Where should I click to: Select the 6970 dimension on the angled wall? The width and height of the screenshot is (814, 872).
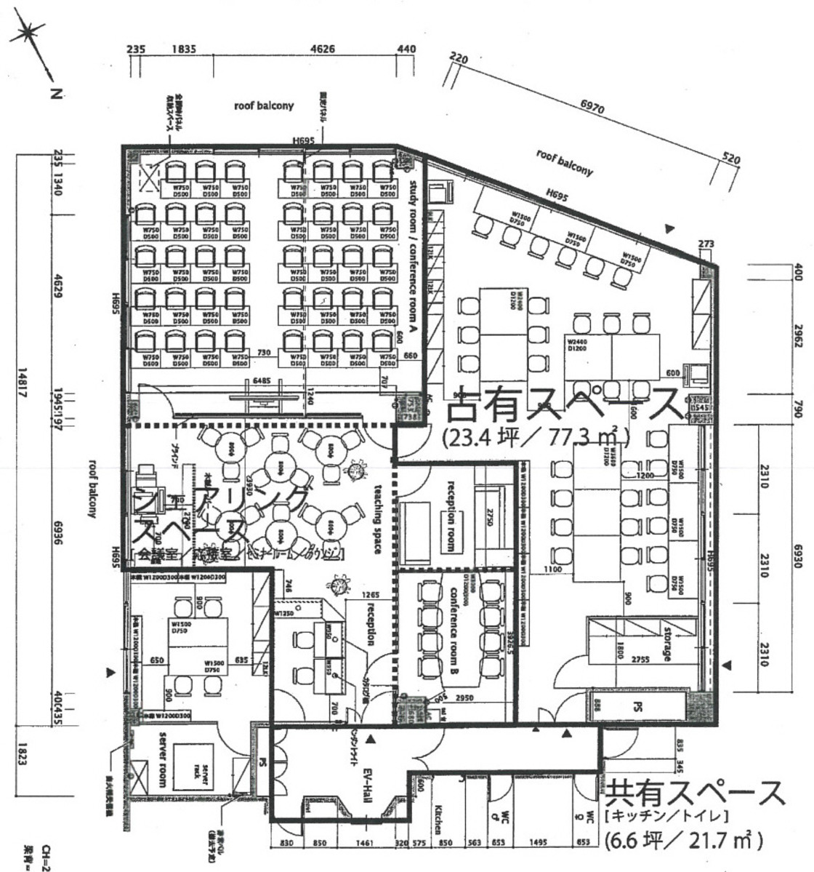click(x=593, y=106)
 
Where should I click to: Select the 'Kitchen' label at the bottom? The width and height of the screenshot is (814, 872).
click(x=438, y=818)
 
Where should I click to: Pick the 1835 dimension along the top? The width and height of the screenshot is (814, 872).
click(x=184, y=49)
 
